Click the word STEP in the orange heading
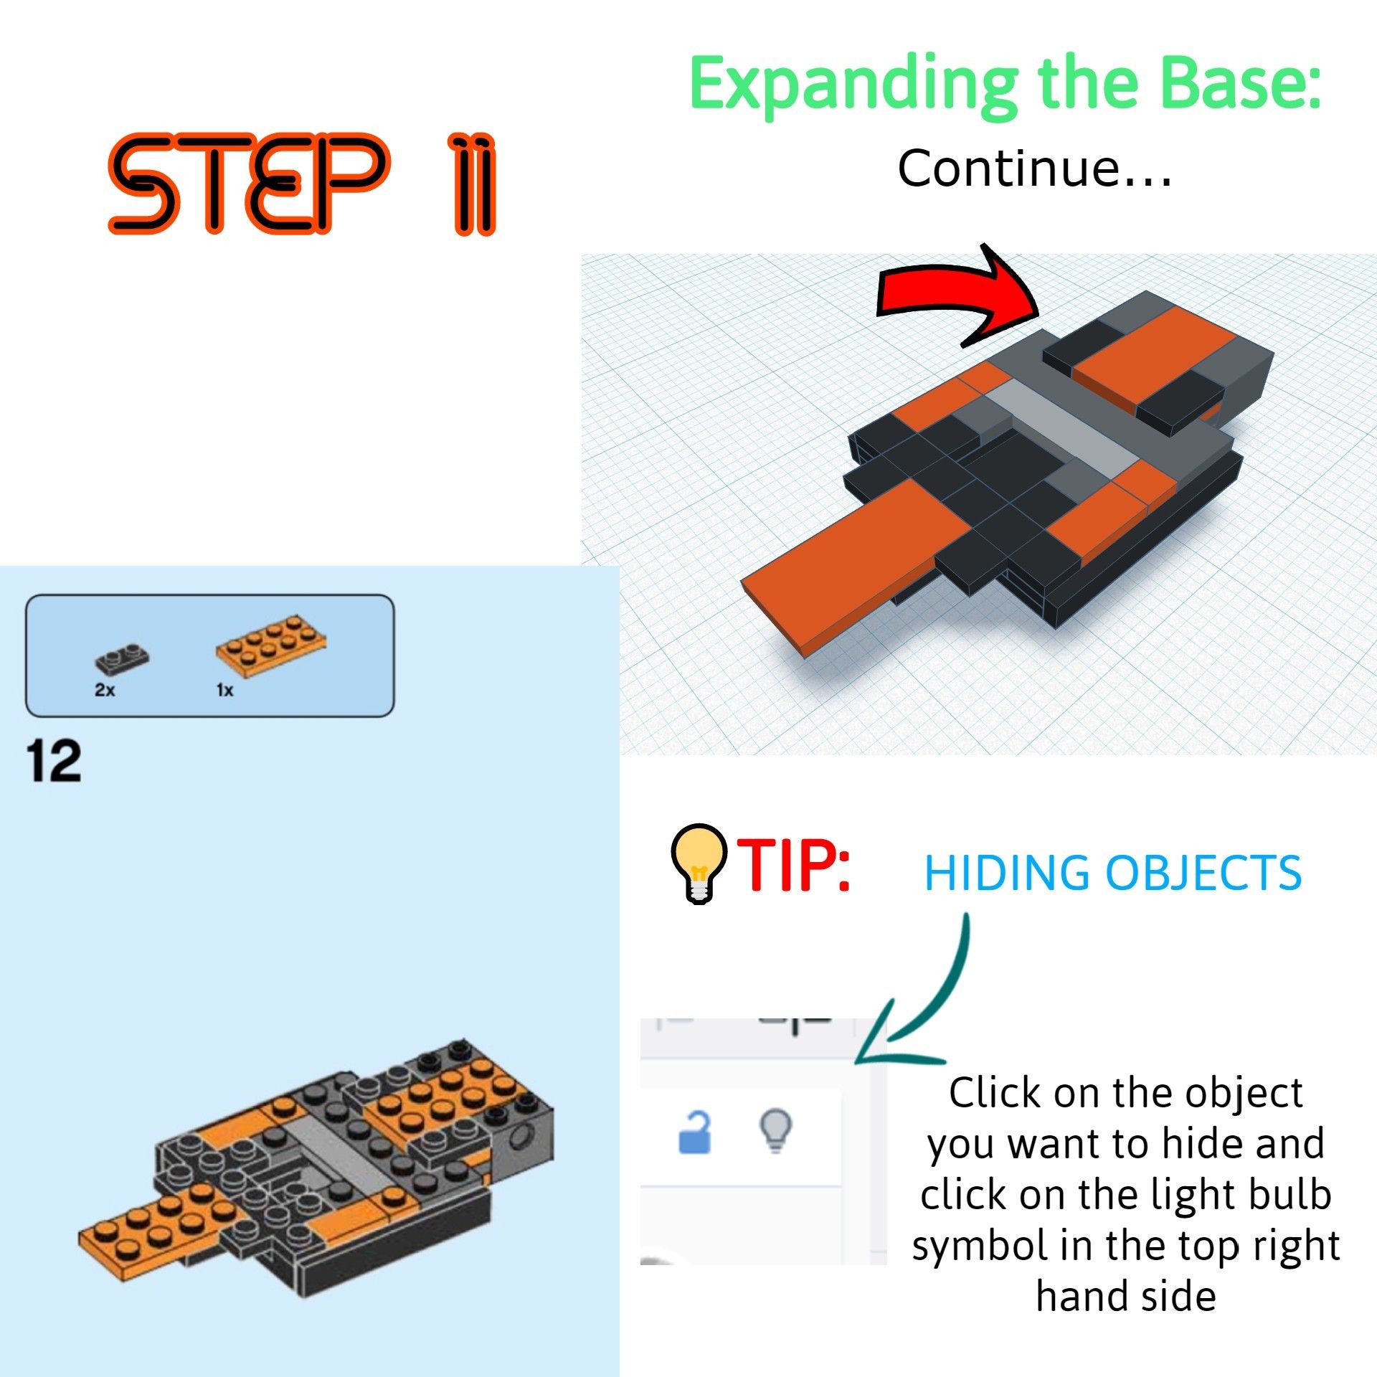point(247,184)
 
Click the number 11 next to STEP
point(473,184)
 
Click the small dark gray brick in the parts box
point(122,658)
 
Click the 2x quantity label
point(105,690)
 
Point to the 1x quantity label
point(224,690)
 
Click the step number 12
point(54,762)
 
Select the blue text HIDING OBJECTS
point(1112,873)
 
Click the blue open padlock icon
point(694,1132)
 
